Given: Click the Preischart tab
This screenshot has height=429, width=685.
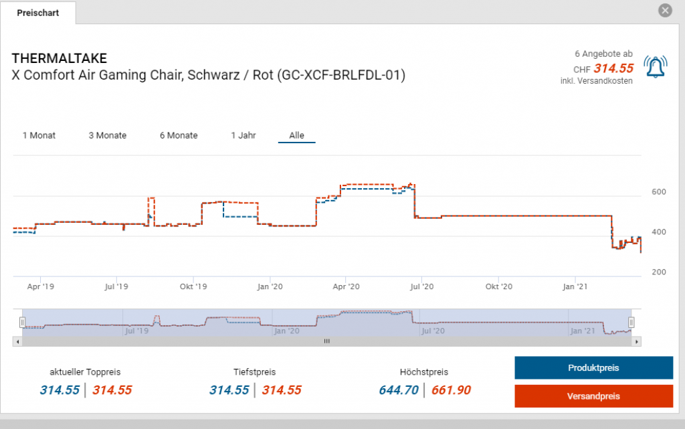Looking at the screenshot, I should [37, 13].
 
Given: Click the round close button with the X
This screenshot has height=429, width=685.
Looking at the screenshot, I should [665, 11].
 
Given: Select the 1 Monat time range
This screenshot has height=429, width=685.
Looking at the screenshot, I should [39, 135].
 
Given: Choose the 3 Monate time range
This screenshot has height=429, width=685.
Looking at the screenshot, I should [107, 135].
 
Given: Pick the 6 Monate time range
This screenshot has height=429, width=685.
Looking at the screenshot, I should [179, 135].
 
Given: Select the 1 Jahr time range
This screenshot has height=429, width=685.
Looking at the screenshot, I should [243, 135].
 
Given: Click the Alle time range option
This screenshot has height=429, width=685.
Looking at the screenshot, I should [296, 135].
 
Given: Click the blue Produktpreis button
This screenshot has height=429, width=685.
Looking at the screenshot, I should [593, 368].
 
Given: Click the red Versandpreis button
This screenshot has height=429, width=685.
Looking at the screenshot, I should [593, 396].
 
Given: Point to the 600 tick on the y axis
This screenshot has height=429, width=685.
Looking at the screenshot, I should [658, 193].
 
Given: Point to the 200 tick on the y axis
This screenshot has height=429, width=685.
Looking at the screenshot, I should [658, 272].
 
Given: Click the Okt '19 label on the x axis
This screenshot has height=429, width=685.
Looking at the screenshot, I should [193, 286].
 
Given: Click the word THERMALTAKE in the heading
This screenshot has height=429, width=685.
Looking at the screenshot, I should [59, 58].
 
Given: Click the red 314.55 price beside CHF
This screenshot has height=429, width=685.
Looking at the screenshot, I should [613, 68].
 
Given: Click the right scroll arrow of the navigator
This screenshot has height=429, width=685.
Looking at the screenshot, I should [637, 341].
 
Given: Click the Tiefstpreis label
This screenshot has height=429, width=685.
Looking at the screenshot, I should [254, 372].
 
